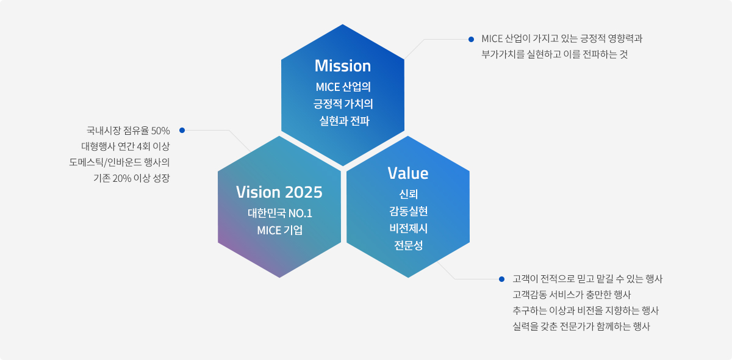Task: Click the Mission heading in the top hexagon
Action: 343,65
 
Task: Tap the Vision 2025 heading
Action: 279,192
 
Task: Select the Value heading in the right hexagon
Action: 408,173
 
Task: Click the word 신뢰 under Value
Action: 408,195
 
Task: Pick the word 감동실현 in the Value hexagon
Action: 408,212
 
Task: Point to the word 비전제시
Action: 408,229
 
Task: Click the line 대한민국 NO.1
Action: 279,214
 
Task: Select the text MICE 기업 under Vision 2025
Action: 279,231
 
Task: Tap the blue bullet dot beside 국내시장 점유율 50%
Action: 182,130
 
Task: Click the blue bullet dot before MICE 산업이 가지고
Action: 471,40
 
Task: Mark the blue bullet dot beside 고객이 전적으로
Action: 501,279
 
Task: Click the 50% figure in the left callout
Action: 160,131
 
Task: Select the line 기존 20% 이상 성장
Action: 131,178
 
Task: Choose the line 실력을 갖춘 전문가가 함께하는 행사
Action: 581,326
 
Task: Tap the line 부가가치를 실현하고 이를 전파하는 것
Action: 554,54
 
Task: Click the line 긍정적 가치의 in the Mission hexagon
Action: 343,103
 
